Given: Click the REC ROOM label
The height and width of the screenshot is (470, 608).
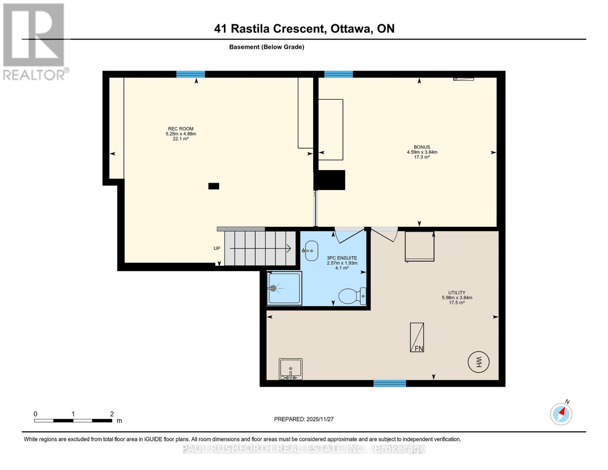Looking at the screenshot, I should (180, 129).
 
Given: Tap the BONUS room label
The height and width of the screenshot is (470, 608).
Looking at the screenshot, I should (422, 147).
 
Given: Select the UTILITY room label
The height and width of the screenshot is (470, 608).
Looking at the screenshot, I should (456, 293).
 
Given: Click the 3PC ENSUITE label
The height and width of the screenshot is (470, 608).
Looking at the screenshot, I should (342, 258).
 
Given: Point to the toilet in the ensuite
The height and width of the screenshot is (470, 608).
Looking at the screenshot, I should (351, 296).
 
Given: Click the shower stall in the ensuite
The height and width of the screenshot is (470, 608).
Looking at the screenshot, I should (284, 288).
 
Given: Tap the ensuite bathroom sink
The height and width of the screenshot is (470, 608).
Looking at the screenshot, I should (311, 251).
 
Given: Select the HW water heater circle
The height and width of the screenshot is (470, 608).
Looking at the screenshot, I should (478, 362).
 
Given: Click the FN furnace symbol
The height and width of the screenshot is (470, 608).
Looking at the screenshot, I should (417, 337).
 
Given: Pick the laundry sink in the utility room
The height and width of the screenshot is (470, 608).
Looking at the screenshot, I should (290, 369).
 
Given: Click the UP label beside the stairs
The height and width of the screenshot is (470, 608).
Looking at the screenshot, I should (217, 248).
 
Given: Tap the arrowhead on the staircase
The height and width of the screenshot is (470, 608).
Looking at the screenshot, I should (289, 248).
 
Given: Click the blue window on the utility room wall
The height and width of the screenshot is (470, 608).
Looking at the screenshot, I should (390, 383).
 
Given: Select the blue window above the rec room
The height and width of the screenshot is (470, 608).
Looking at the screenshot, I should (191, 74).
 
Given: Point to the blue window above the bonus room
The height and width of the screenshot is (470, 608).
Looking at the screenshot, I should (339, 74).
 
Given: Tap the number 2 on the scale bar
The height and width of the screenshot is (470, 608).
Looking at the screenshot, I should (112, 414).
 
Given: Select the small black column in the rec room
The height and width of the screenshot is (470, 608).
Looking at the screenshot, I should (214, 186).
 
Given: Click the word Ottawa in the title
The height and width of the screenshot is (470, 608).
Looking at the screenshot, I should (351, 29).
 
